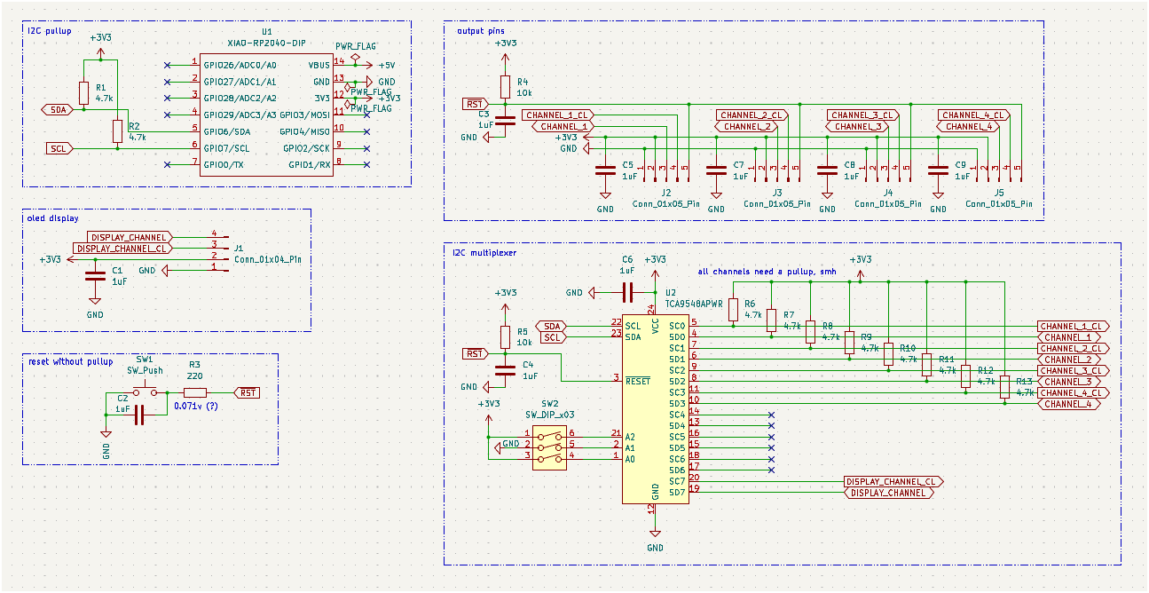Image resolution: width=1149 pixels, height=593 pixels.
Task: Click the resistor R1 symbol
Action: click(84, 93)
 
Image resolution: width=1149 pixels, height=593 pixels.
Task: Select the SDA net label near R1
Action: click(58, 110)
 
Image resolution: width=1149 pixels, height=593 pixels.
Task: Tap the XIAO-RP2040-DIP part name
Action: click(266, 43)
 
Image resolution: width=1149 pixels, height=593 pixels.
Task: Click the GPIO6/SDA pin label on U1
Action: click(226, 131)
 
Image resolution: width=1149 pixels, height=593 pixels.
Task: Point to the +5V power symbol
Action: click(386, 65)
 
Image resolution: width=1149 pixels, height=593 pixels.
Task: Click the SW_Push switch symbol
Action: click(146, 391)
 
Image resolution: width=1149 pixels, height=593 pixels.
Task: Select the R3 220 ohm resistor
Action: click(195, 392)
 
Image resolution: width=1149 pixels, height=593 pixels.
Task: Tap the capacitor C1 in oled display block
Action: click(95, 276)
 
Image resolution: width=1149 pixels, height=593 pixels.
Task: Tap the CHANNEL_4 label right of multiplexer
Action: click(1068, 404)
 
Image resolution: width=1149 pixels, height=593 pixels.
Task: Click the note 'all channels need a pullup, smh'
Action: click(767, 272)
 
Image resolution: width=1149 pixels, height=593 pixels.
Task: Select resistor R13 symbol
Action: click(1004, 387)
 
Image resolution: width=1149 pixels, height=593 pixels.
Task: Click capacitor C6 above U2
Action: click(626, 292)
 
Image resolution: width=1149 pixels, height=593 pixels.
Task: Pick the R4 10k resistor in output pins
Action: click(505, 86)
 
